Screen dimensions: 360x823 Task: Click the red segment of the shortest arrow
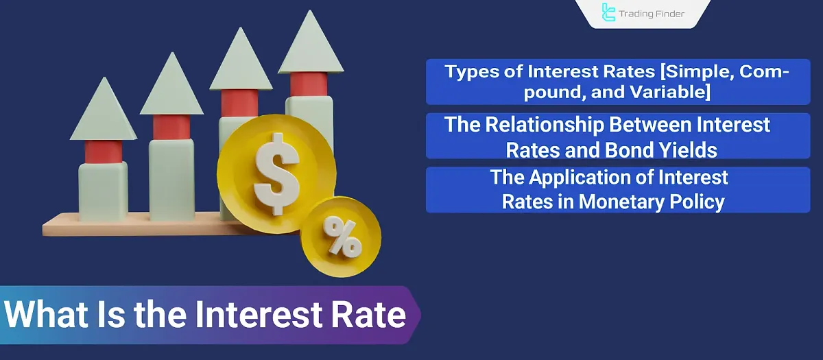tap(104, 151)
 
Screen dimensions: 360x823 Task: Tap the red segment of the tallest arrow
tap(309, 84)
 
